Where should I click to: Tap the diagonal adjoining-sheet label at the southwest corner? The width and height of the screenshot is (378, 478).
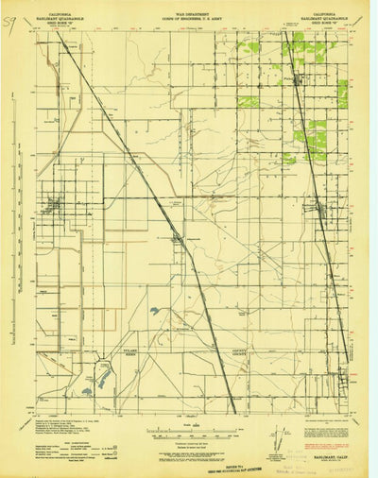point(29,415)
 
